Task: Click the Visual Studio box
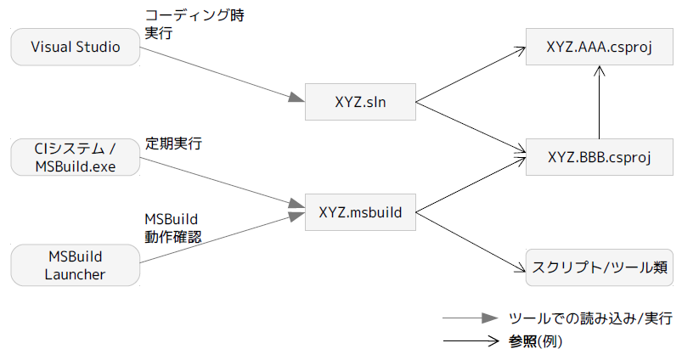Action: point(75,48)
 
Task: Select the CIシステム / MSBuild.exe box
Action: point(75,158)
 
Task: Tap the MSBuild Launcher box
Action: point(75,264)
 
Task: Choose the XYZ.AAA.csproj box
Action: point(599,48)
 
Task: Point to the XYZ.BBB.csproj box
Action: point(599,157)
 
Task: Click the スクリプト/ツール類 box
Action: point(600,266)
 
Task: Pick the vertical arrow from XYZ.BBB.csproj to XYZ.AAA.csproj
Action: point(600,103)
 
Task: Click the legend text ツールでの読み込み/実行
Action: point(590,319)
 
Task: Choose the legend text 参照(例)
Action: point(536,342)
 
